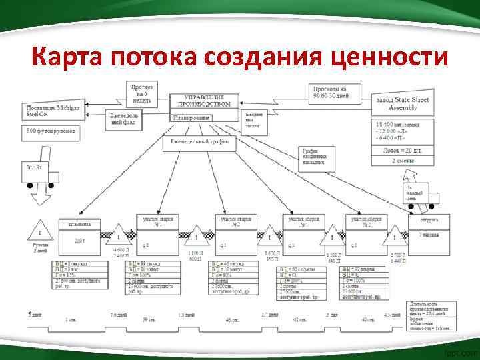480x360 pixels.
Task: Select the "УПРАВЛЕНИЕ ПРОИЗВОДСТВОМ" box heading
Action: coord(204,101)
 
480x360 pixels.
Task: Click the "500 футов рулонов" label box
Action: coord(51,131)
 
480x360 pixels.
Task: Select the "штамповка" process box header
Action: coord(79,224)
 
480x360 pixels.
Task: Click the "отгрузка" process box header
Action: coord(429,221)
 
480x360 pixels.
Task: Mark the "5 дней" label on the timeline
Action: coord(33,313)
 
